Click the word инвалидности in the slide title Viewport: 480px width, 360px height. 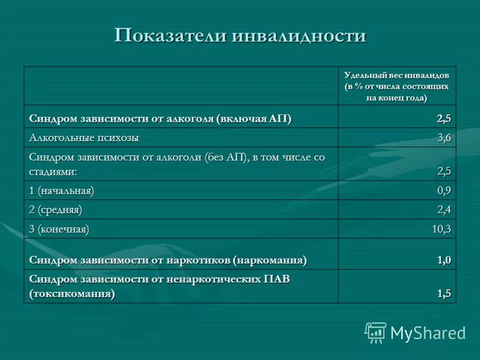298,35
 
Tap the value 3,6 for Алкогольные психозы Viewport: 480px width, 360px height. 443,137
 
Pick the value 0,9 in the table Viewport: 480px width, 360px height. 443,191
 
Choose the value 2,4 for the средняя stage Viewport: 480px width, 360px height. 443,210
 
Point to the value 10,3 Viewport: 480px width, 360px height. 441,229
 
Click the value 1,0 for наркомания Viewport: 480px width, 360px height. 443,260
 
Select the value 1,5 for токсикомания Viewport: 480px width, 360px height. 443,293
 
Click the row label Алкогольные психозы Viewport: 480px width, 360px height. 84,137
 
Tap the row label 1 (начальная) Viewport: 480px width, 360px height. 62,191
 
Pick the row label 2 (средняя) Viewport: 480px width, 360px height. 56,210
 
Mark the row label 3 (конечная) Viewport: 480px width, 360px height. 59,229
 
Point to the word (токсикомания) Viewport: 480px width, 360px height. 72,294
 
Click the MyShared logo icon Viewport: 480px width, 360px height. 376,332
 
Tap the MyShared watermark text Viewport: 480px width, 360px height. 428,333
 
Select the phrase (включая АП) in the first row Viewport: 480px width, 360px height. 254,119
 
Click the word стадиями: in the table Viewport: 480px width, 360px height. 53,171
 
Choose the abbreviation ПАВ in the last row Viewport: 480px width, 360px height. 277,280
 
